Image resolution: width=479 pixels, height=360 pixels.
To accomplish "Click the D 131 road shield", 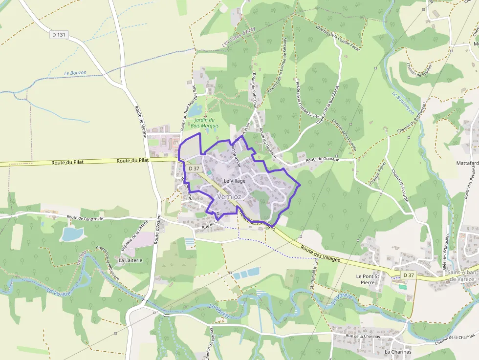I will [59, 35].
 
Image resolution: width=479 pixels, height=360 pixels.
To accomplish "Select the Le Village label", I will [235, 181].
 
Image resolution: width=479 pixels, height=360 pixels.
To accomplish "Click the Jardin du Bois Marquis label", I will [205, 123].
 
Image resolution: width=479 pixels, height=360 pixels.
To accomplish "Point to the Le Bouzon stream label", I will [75, 73].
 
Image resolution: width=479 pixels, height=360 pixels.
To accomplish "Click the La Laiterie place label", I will [131, 260].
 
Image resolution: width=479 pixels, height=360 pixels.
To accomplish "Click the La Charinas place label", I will [398, 352].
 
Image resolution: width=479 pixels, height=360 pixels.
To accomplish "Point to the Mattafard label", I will [467, 163].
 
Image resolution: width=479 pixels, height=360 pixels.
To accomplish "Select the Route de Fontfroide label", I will [85, 218].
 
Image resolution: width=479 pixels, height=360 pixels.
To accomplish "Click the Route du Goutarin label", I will [322, 160].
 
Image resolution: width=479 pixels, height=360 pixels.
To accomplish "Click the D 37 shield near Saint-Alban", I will [409, 275].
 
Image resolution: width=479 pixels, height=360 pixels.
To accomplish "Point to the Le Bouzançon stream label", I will [403, 103].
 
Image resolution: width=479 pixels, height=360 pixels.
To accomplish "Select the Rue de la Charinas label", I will [363, 336].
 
